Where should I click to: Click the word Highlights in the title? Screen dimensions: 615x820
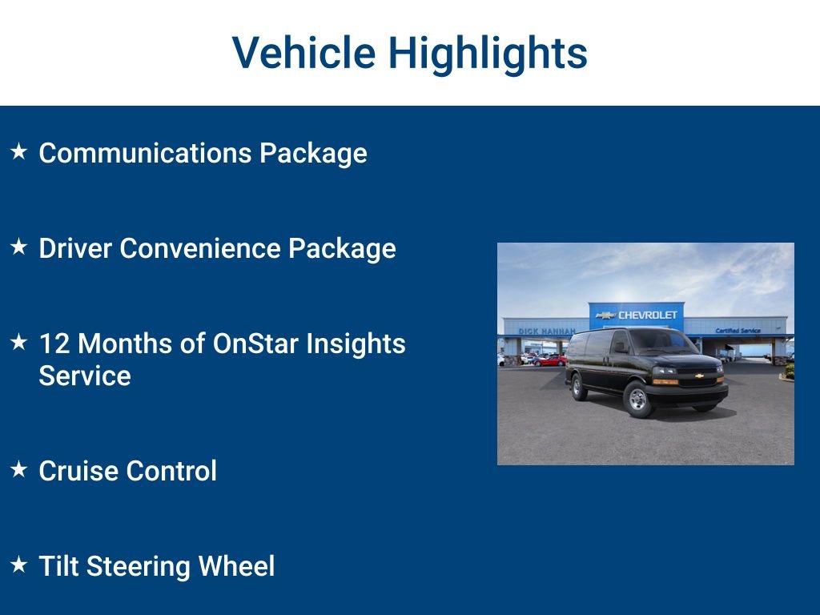coord(488,54)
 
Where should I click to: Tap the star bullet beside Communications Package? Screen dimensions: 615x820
coord(19,151)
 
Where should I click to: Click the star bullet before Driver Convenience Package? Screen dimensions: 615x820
coord(19,247)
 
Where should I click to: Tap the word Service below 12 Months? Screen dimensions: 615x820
coord(85,376)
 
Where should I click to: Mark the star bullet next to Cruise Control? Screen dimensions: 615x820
coord(19,469)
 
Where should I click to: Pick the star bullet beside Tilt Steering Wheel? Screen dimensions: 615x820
coord(19,565)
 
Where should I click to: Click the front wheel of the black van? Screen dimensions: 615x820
coord(637,400)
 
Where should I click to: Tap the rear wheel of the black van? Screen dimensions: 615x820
coord(577,387)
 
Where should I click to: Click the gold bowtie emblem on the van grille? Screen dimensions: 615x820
coord(698,375)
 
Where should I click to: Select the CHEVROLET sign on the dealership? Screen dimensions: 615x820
coord(637,315)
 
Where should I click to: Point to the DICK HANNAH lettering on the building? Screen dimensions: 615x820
coord(546,331)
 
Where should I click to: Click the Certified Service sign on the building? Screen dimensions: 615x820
coord(738,330)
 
